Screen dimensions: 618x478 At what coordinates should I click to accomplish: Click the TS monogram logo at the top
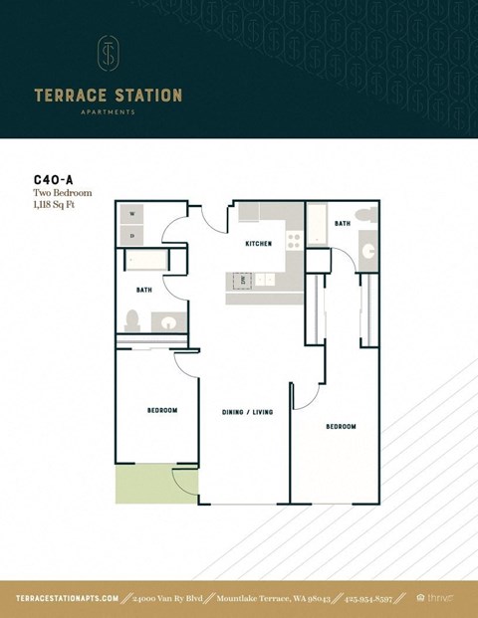108,55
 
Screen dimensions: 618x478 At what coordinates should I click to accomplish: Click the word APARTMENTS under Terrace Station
108,112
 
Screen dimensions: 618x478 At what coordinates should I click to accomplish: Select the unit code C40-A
53,182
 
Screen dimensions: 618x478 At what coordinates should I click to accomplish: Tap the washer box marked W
132,214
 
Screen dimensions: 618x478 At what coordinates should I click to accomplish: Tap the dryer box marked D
132,235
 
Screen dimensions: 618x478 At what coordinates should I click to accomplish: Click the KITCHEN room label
259,244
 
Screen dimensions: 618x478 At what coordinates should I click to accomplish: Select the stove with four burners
294,240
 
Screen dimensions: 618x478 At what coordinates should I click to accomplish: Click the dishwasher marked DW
242,281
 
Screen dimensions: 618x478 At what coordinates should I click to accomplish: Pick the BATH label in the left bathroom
143,290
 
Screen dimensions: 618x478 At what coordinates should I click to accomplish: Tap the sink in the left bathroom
167,321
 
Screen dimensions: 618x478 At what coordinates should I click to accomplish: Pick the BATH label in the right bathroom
343,224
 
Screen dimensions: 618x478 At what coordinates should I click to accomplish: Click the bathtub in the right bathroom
316,228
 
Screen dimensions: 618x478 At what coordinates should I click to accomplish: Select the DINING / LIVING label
247,411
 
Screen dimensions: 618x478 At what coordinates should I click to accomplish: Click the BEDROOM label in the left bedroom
162,410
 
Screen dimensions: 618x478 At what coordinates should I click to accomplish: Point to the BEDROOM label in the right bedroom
341,426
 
